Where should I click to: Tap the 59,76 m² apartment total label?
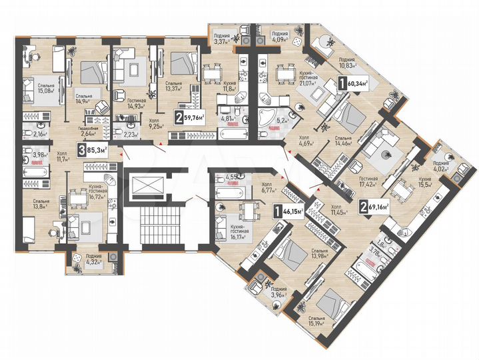[190, 120]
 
